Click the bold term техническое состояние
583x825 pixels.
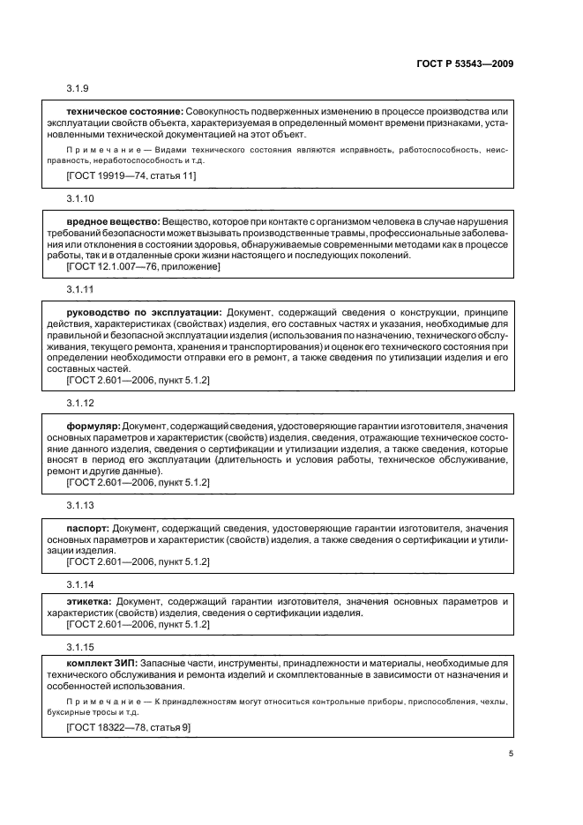click(x=124, y=111)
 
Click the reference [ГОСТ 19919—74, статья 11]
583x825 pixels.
click(x=131, y=175)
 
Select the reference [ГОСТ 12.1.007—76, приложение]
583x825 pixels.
click(x=144, y=266)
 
